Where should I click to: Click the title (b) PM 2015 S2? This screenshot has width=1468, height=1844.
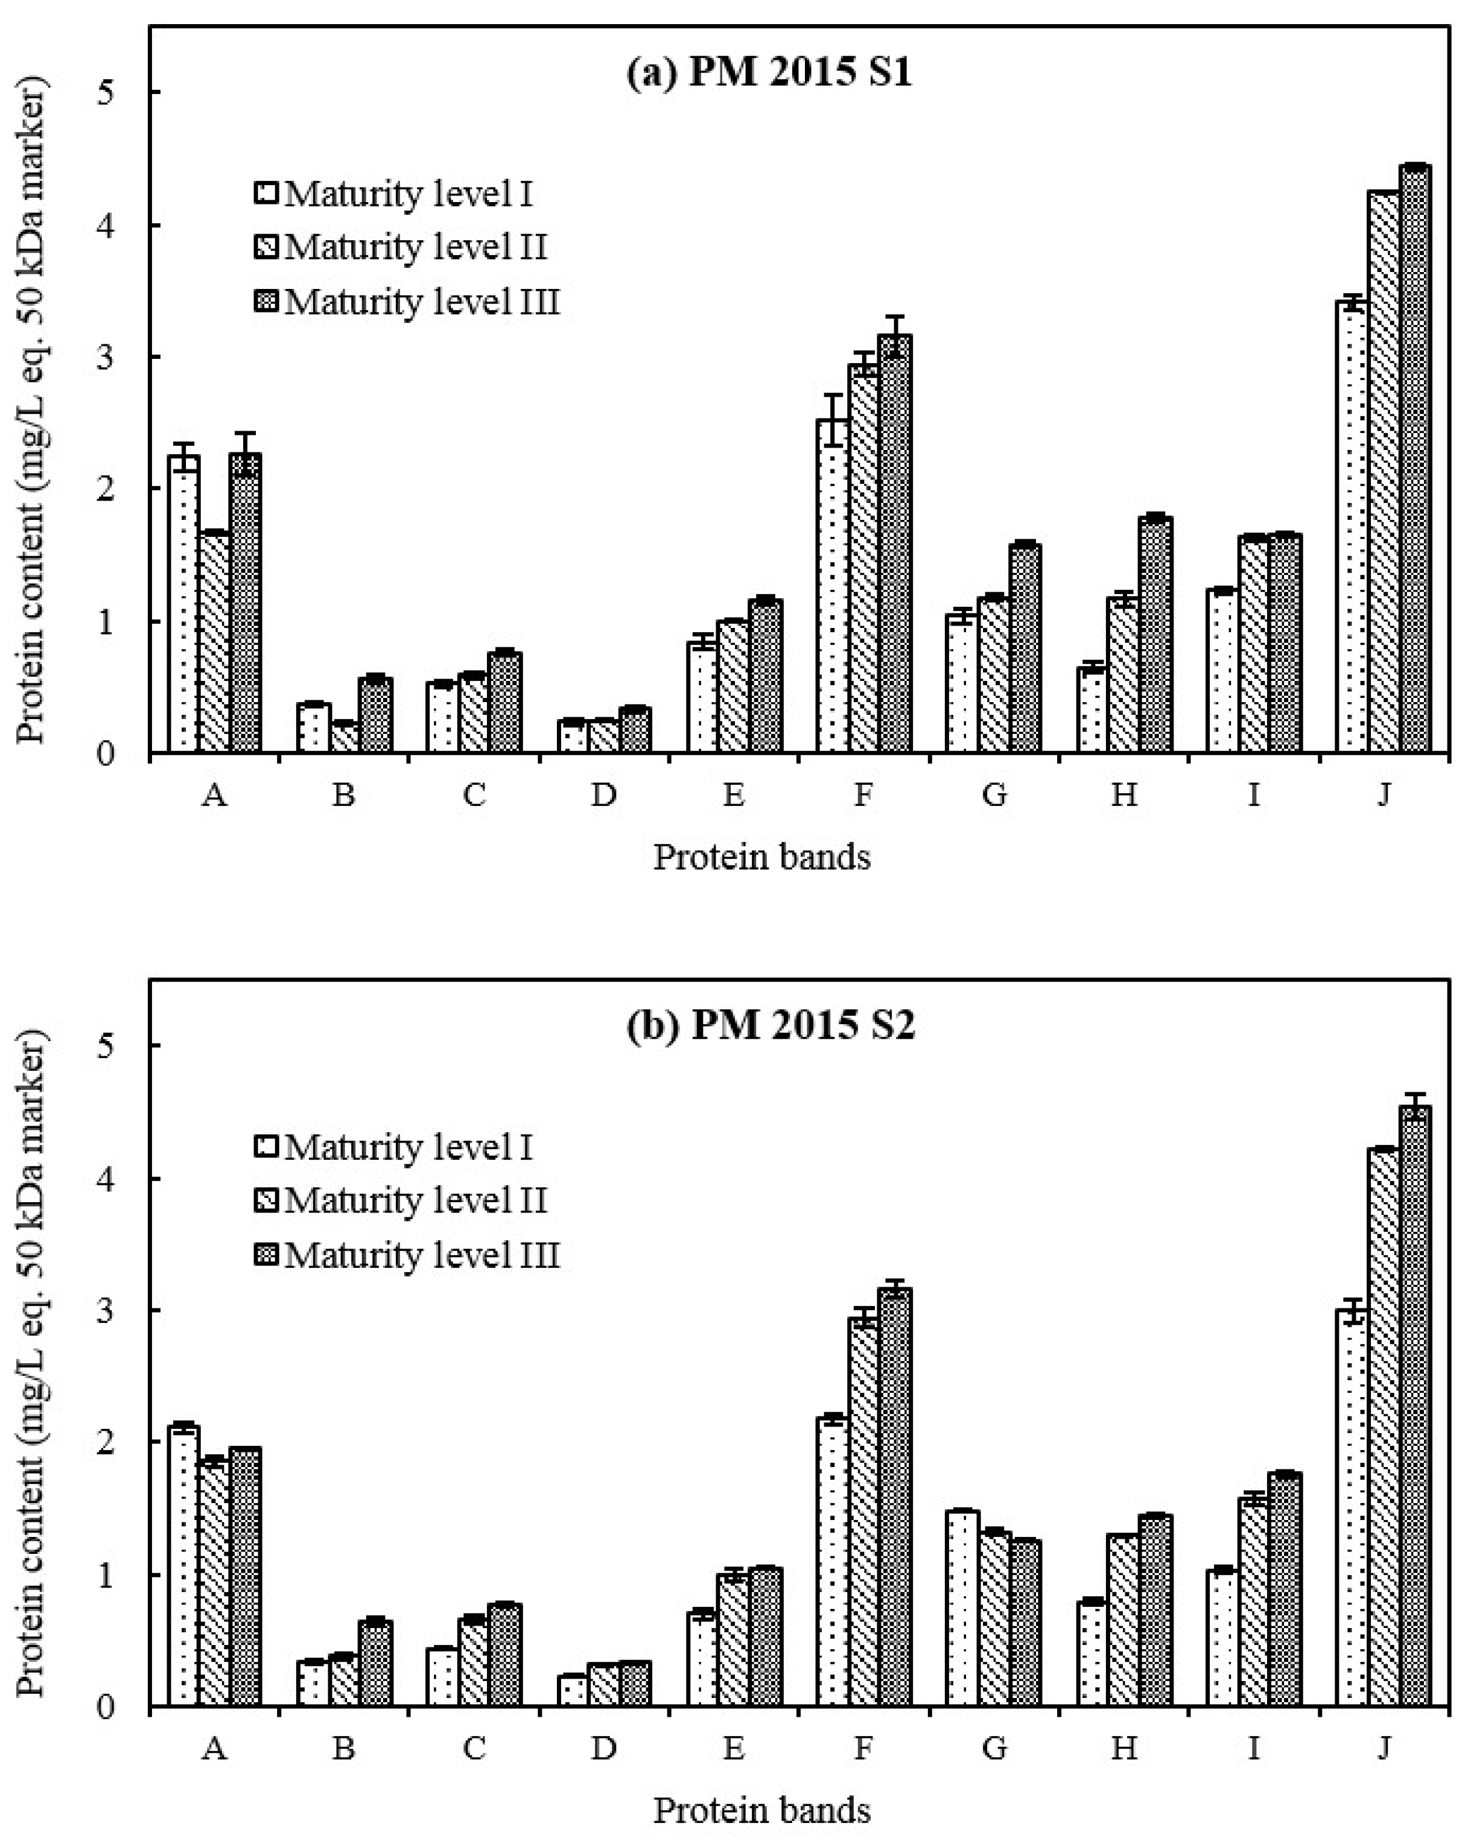tap(769, 1025)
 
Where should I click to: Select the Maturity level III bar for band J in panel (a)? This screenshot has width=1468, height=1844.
tap(1414, 462)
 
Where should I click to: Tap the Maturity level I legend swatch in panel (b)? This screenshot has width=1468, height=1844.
tap(266, 1147)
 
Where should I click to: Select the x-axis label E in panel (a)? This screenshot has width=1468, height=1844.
tap(733, 796)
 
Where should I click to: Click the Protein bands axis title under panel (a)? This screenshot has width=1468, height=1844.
tap(761, 856)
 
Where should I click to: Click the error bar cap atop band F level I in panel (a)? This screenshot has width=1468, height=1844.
tap(833, 395)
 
